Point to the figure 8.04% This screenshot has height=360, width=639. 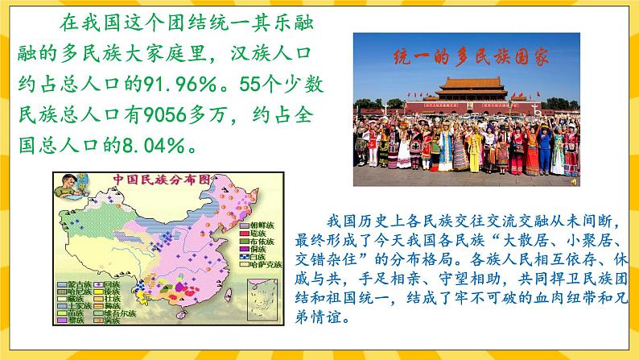pos(158,147)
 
